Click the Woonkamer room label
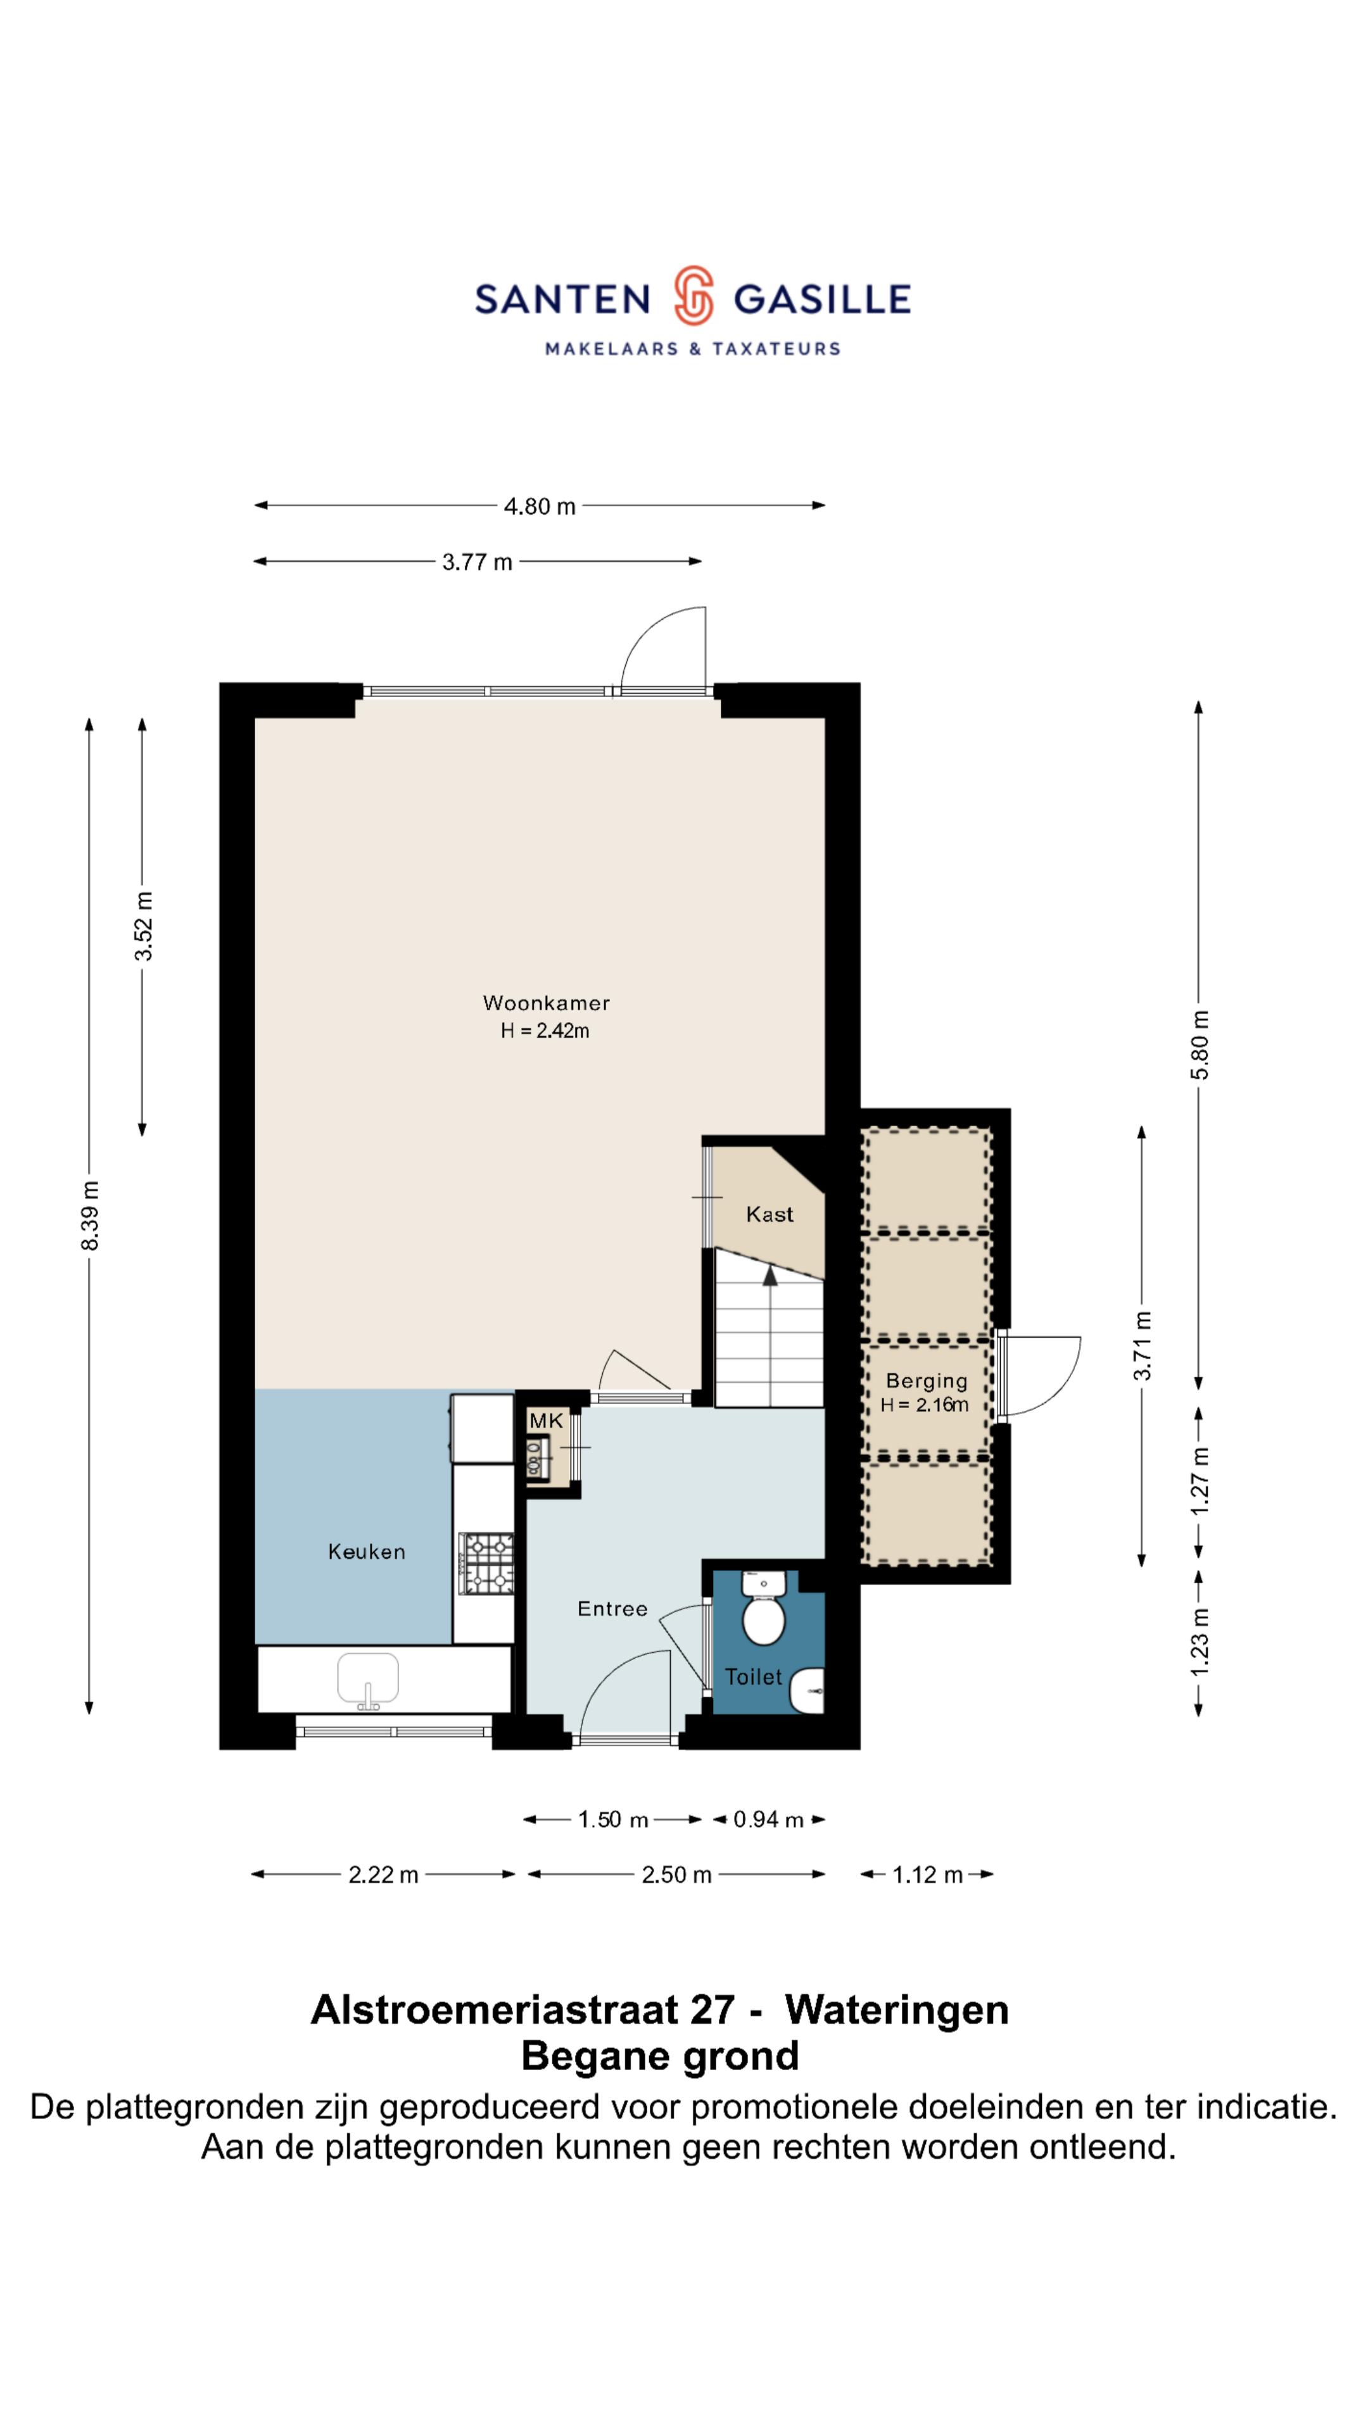pos(546,1002)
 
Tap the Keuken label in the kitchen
pos(366,1552)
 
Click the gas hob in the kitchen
pos(486,1563)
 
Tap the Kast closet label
pos(769,1215)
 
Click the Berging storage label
pos(926,1381)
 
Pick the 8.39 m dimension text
pos(90,1215)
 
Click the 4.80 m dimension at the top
pos(539,506)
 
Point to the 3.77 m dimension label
pos(477,562)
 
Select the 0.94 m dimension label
pos(768,1819)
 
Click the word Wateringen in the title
pos(897,2010)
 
